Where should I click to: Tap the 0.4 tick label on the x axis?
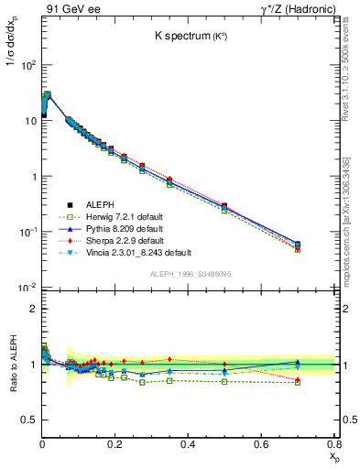click(x=189, y=444)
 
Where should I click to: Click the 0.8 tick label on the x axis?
click(x=334, y=444)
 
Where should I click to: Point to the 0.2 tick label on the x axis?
click(x=115, y=444)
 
